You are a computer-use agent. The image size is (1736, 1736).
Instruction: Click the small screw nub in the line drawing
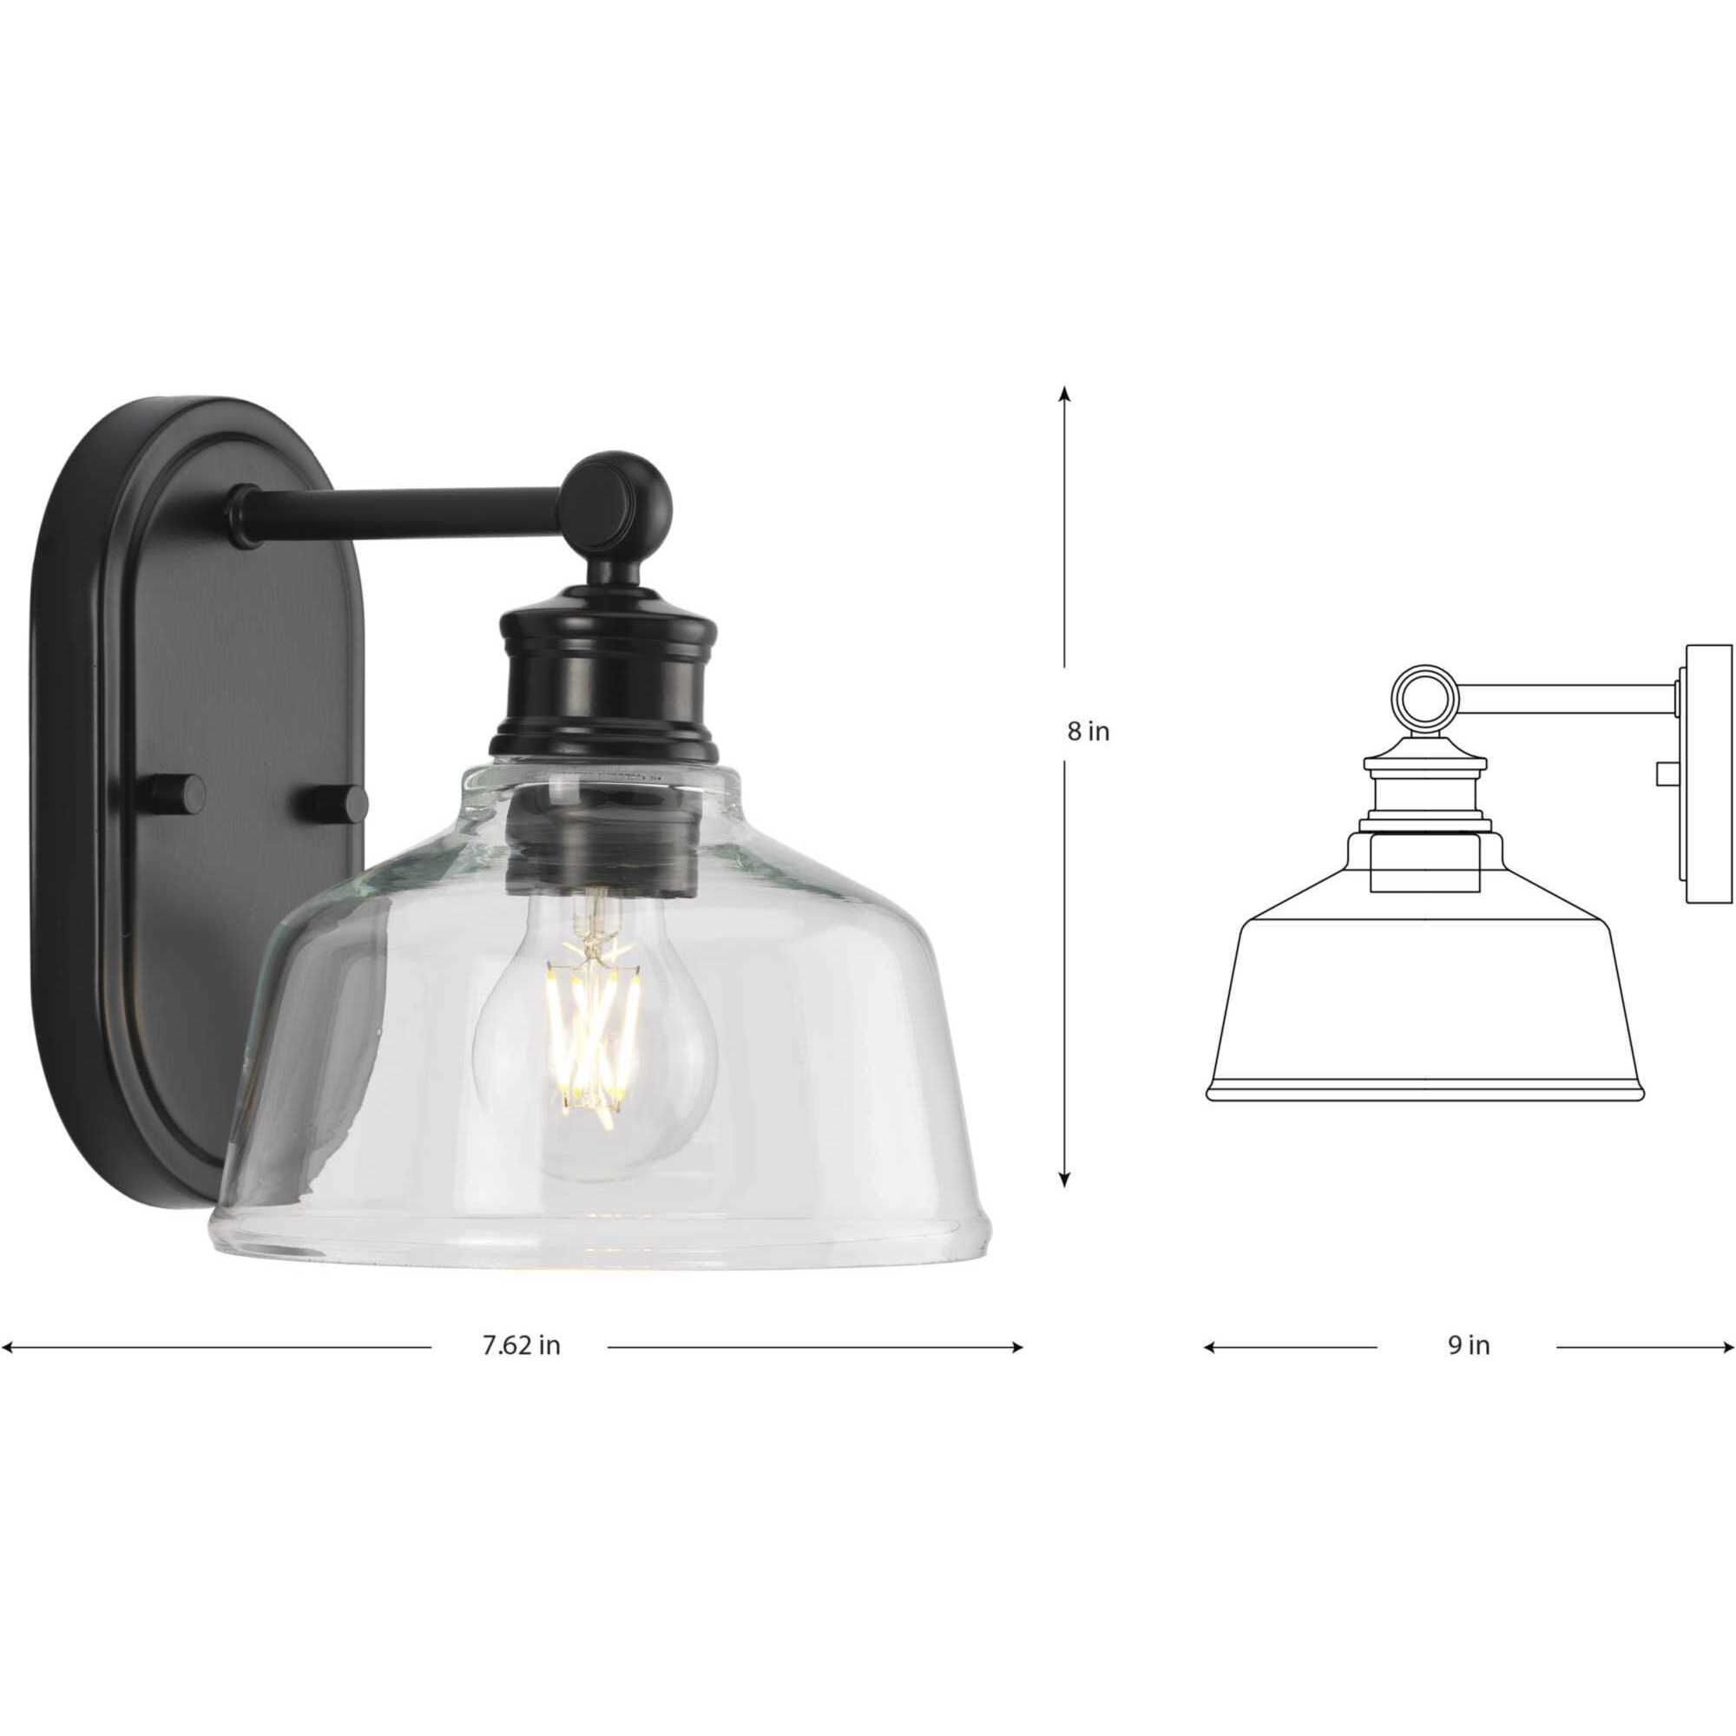point(1666,771)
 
